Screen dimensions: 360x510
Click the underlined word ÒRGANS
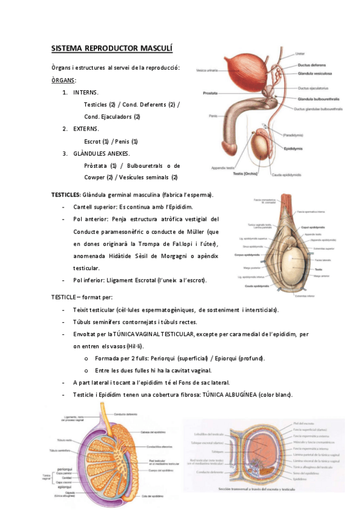pyautogui.click(x=63, y=80)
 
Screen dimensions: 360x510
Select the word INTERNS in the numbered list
pyautogui.click(x=86, y=93)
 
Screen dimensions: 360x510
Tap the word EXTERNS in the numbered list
pyautogui.click(x=87, y=129)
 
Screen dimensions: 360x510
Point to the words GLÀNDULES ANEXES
pyautogui.click(x=101, y=153)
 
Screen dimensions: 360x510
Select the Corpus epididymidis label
pyautogui.click(x=233, y=256)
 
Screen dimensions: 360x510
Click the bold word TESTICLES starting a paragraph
pyautogui.click(x=65, y=195)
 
